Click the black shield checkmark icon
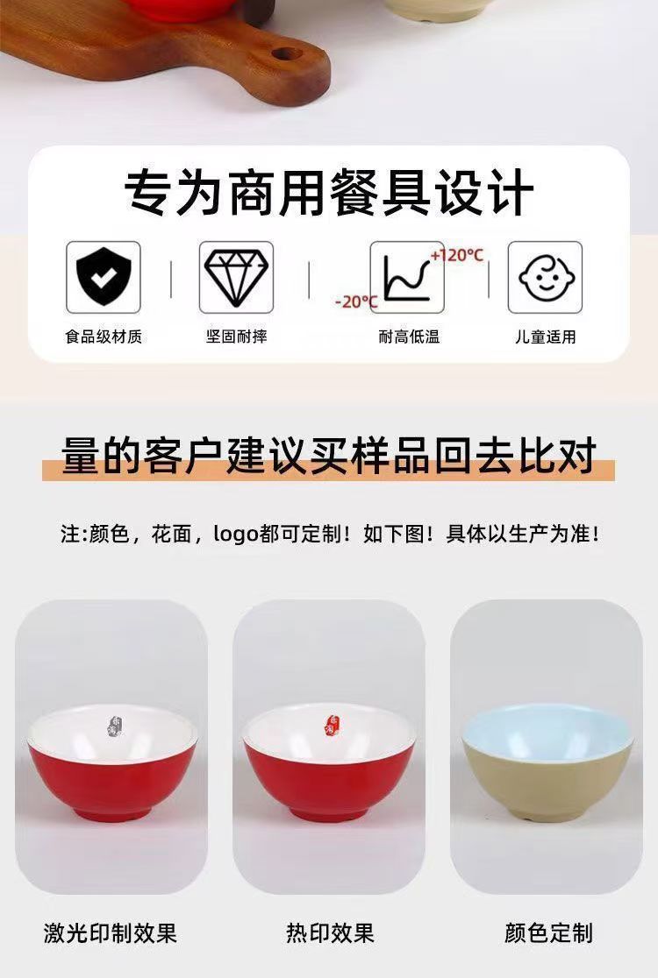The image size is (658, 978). (103, 276)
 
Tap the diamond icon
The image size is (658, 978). (236, 277)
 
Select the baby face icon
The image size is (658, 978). (544, 277)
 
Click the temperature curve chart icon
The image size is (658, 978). (406, 278)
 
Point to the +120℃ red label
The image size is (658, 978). (457, 255)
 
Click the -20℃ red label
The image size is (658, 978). (356, 301)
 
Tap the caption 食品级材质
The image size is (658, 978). (104, 337)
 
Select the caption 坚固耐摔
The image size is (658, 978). (237, 337)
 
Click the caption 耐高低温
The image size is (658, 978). (409, 337)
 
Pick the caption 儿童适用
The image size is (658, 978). (545, 337)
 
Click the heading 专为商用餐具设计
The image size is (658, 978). (329, 192)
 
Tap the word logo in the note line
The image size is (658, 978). (235, 534)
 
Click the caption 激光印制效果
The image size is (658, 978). (111, 933)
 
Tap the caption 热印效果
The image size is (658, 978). (330, 933)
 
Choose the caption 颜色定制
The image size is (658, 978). (548, 933)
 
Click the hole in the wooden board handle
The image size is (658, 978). (288, 54)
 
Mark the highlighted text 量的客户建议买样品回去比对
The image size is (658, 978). (328, 456)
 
